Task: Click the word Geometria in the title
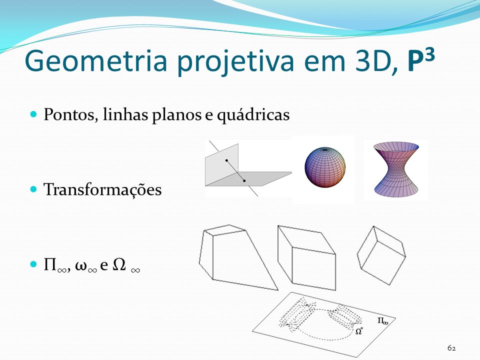point(96,61)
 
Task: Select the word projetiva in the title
point(235,62)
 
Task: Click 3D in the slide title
point(376,61)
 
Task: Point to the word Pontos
point(70,115)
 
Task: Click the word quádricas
point(253,115)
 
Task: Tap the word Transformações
point(102,190)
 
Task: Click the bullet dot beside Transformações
point(33,189)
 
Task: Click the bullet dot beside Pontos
point(33,114)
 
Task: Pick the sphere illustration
point(325,167)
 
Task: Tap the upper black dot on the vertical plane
point(226,160)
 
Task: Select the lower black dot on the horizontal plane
point(244,180)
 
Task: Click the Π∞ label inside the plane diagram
point(382,321)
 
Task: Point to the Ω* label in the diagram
point(359,330)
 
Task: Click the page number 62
point(451,348)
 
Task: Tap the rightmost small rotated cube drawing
point(381,255)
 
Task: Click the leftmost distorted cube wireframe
point(238,257)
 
